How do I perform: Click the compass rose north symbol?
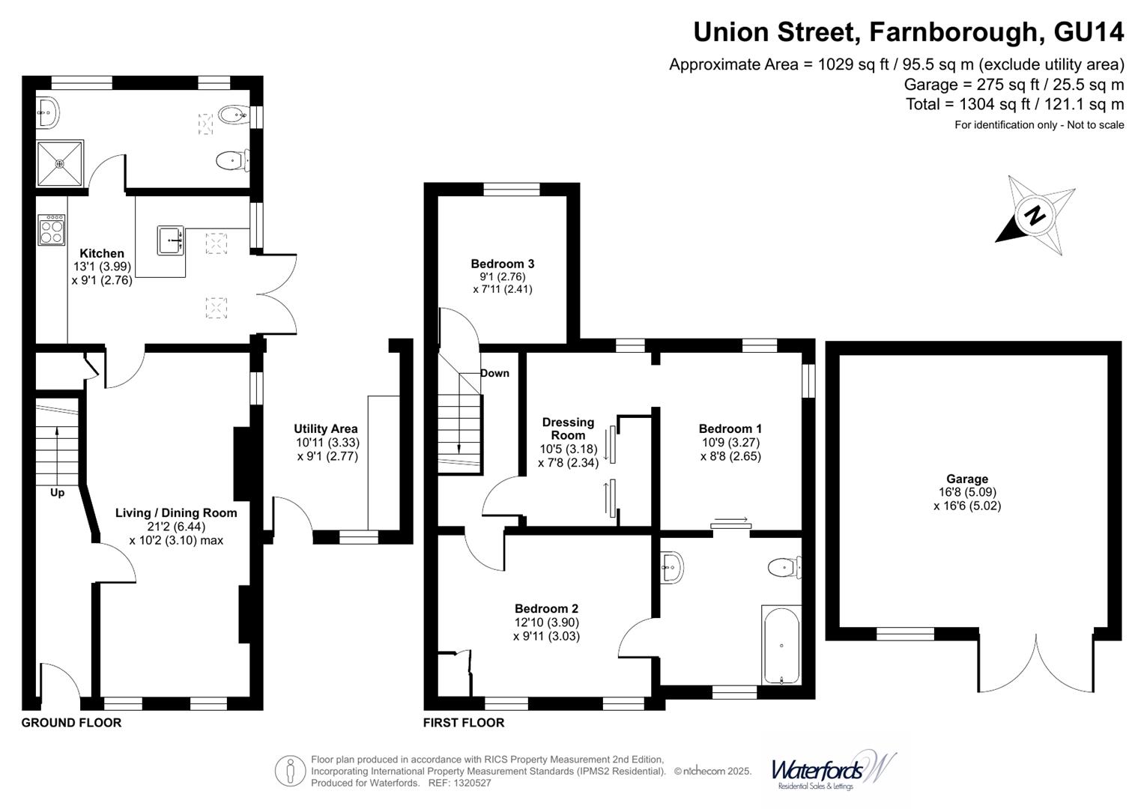(x=1035, y=216)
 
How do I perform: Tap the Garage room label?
(x=966, y=479)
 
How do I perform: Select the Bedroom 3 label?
(x=502, y=264)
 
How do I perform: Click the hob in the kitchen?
(x=52, y=229)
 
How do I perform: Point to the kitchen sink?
(x=171, y=240)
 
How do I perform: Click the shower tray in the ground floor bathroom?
(x=60, y=163)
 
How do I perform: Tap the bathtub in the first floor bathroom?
(x=781, y=645)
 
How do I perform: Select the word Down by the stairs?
(x=494, y=373)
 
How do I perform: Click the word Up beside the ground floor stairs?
(x=57, y=492)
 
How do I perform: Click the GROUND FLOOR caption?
(x=71, y=723)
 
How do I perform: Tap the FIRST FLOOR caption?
(x=464, y=723)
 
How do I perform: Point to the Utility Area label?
(x=325, y=428)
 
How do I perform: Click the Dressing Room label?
(x=568, y=428)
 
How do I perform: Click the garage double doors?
(x=1036, y=663)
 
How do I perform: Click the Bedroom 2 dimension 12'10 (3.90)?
(x=546, y=622)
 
